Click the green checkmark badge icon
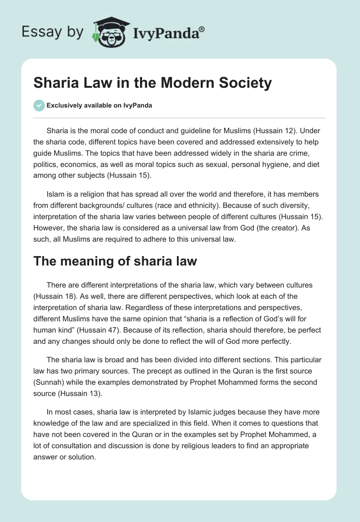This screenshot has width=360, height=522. (x=39, y=105)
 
